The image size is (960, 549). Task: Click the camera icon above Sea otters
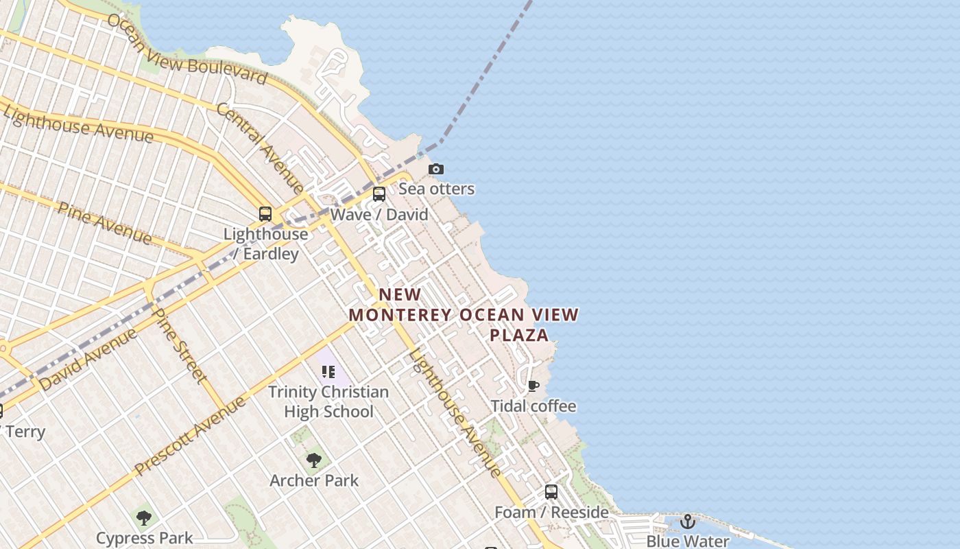pyautogui.click(x=435, y=169)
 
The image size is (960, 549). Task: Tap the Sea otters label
pyautogui.click(x=437, y=189)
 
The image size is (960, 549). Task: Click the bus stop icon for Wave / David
pyautogui.click(x=379, y=194)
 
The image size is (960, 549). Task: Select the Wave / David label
pyautogui.click(x=379, y=215)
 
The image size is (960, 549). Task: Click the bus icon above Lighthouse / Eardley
pyautogui.click(x=265, y=213)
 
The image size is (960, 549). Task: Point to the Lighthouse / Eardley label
pyautogui.click(x=266, y=244)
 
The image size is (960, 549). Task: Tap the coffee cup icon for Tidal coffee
pyautogui.click(x=533, y=386)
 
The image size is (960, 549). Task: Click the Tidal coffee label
pyautogui.click(x=533, y=406)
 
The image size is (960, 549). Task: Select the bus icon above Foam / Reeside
pyautogui.click(x=551, y=492)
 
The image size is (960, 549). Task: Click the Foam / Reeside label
pyautogui.click(x=552, y=513)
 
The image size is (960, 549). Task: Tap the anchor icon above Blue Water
pyautogui.click(x=688, y=522)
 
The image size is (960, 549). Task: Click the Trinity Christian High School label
pyautogui.click(x=328, y=401)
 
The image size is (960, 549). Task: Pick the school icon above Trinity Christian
pyautogui.click(x=328, y=372)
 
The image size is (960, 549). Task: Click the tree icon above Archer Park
pyautogui.click(x=314, y=460)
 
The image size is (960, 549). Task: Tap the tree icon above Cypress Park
pyautogui.click(x=144, y=517)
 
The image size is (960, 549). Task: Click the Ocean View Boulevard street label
pyautogui.click(x=187, y=49)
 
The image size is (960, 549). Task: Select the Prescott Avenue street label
pyautogui.click(x=190, y=436)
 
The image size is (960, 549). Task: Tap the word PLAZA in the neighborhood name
pyautogui.click(x=519, y=335)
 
